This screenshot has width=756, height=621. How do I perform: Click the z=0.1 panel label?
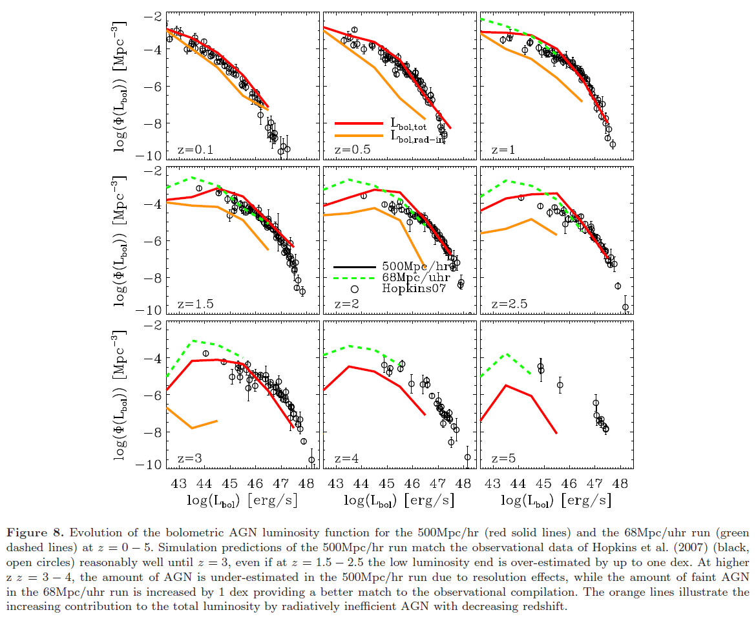pos(195,150)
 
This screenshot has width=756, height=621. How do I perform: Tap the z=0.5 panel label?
pos(352,150)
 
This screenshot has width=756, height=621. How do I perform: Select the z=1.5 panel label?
pos(195,304)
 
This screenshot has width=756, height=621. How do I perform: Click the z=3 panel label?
pos(190,458)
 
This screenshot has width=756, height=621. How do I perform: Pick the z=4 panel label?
pos(347,458)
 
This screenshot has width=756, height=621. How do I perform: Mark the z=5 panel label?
pos(504,458)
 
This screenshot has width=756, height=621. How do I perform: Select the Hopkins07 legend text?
pos(414,289)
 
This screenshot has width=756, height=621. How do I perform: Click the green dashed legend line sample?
pos(355,278)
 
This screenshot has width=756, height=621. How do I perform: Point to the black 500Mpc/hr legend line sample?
pos(355,266)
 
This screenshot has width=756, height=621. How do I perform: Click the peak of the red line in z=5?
pos(506,385)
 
